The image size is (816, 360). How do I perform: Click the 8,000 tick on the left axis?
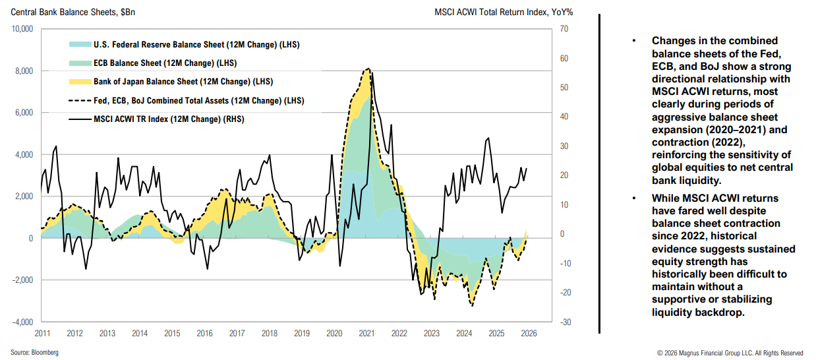(22, 71)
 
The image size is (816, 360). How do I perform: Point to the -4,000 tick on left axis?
(21, 322)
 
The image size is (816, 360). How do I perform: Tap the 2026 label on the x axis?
(529, 333)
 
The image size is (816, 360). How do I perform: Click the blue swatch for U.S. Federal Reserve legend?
(80, 45)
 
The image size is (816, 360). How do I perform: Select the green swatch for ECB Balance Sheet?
(80, 63)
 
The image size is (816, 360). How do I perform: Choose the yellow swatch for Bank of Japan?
(80, 82)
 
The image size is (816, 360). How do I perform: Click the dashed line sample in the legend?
(80, 101)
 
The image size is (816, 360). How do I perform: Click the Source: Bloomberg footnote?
(34, 353)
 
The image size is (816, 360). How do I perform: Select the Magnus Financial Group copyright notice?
(730, 353)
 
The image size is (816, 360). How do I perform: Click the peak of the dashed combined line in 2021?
(367, 69)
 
